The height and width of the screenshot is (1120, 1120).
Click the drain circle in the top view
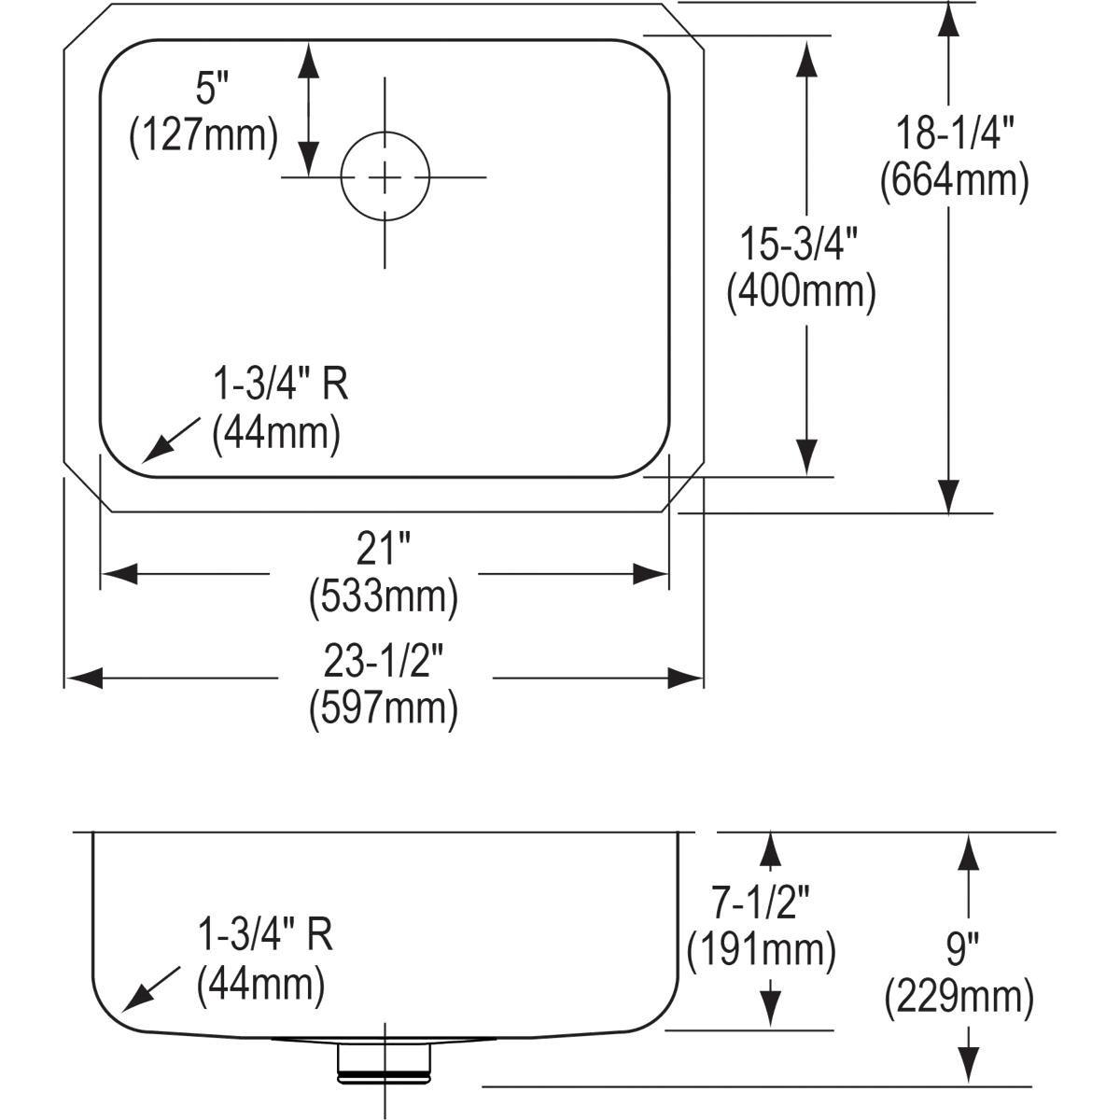coord(385,176)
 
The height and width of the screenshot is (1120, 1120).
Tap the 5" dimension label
coord(212,91)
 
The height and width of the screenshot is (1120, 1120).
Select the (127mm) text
coord(203,135)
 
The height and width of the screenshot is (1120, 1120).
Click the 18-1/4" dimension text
coord(954,134)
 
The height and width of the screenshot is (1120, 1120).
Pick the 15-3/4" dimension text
coord(801,246)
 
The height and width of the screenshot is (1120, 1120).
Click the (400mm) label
coord(801,292)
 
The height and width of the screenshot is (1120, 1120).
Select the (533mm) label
coord(383,596)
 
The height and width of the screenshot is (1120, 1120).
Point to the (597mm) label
coord(383,708)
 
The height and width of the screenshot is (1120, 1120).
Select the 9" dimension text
coord(959,951)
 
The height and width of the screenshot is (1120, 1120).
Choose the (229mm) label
coord(959,998)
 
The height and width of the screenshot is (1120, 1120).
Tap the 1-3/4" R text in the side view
coord(265,935)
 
